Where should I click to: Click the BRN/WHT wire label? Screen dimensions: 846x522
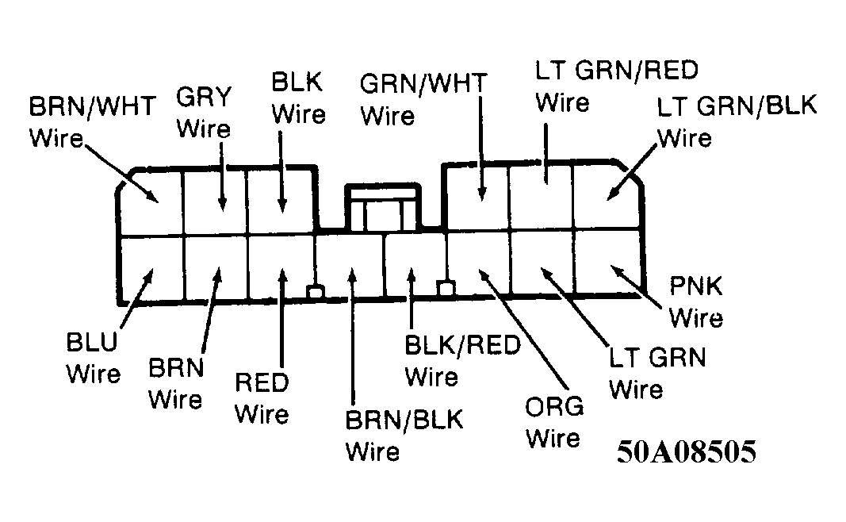92,122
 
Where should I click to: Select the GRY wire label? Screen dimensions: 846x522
204,113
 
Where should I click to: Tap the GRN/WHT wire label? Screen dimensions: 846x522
423,99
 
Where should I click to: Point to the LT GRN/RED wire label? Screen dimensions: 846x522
617,86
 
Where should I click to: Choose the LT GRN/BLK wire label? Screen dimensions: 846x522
737,122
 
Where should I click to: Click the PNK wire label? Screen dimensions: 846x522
696,301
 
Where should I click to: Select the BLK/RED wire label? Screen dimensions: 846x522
462,361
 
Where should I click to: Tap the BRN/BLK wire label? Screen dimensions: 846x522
404,436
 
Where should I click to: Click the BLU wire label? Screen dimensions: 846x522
93,358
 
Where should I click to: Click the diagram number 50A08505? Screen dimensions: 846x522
687,451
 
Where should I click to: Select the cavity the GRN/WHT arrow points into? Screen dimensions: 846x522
477,197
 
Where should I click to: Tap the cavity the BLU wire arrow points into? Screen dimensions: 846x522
151,268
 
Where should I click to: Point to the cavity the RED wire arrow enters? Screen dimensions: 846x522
281,267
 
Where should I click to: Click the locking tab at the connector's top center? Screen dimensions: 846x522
383,207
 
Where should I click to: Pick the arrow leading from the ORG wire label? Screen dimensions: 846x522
523,328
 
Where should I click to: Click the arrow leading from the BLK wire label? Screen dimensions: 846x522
281,171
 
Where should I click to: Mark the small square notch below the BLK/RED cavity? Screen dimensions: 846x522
446,288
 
